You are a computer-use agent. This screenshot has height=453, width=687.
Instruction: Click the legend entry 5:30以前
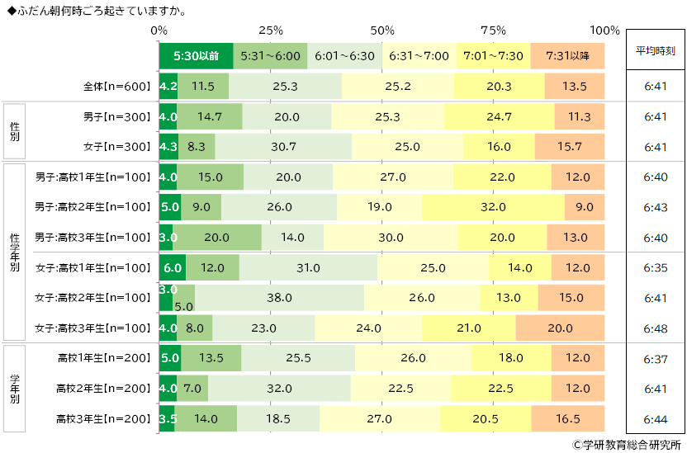[197, 56]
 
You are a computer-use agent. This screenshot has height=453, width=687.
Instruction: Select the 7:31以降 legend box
[568, 56]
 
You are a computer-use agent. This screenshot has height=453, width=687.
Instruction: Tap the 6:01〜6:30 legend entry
[344, 56]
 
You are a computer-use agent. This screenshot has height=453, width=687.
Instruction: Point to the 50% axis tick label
[382, 31]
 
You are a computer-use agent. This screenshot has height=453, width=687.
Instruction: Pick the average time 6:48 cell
[656, 328]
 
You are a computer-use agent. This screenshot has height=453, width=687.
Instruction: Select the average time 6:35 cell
[656, 267]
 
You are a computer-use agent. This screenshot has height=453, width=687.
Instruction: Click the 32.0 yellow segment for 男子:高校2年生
[493, 207]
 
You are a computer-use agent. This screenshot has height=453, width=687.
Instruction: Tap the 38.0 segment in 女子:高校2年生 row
[279, 297]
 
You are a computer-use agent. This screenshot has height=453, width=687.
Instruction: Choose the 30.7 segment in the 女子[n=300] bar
[283, 147]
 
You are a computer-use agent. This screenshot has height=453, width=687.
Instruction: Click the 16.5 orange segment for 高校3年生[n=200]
[568, 418]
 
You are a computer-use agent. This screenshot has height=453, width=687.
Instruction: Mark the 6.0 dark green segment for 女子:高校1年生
[173, 267]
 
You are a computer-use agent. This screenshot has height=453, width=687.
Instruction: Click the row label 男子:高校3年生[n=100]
[92, 238]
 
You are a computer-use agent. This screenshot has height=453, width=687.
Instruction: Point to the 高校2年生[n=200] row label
[104, 388]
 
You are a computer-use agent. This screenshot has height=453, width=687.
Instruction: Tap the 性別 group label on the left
[15, 131]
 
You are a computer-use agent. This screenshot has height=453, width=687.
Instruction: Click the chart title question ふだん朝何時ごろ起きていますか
[99, 10]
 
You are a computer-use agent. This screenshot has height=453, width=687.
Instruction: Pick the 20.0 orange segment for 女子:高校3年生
[560, 328]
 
